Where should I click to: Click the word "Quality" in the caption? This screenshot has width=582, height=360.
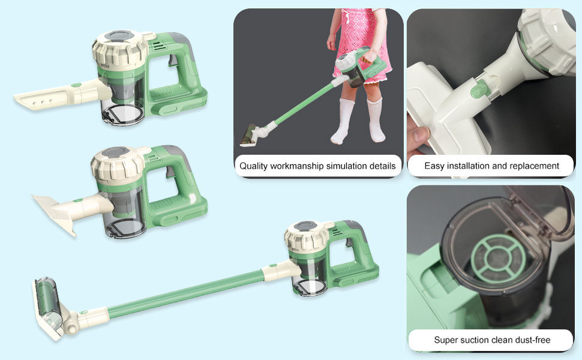[254, 166]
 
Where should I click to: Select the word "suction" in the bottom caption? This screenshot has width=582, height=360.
[480, 340]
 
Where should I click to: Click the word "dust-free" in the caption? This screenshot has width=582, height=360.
[530, 340]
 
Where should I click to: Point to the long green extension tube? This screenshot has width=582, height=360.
[180, 294]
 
